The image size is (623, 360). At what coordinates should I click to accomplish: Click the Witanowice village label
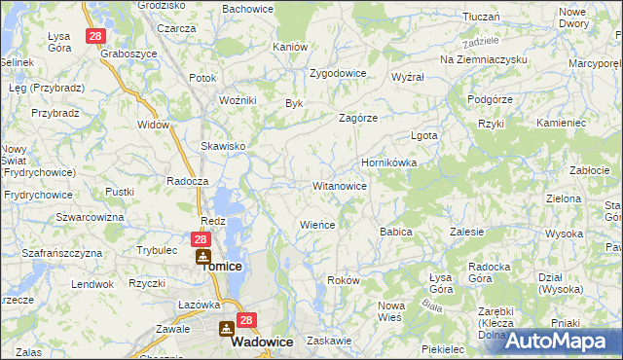pos(339,186)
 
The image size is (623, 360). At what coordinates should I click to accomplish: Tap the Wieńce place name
pos(317,225)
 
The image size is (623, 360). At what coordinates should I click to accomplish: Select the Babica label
pos(396,233)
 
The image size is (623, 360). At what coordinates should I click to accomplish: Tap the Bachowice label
pos(247,9)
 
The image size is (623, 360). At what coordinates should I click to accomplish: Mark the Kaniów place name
pos(290,47)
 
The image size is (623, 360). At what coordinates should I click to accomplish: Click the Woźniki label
pos(238,100)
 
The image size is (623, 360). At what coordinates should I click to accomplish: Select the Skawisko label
pos(223,146)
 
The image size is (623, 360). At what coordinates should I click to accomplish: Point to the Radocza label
pos(188,181)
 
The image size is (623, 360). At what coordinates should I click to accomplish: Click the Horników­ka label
pos(388,163)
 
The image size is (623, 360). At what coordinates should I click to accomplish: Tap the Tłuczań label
pos(481,17)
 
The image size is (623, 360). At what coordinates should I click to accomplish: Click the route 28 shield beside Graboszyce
pos(94,36)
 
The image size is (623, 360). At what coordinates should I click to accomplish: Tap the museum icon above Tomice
pos(202,257)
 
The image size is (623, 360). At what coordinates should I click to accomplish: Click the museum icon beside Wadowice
pos(227,330)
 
